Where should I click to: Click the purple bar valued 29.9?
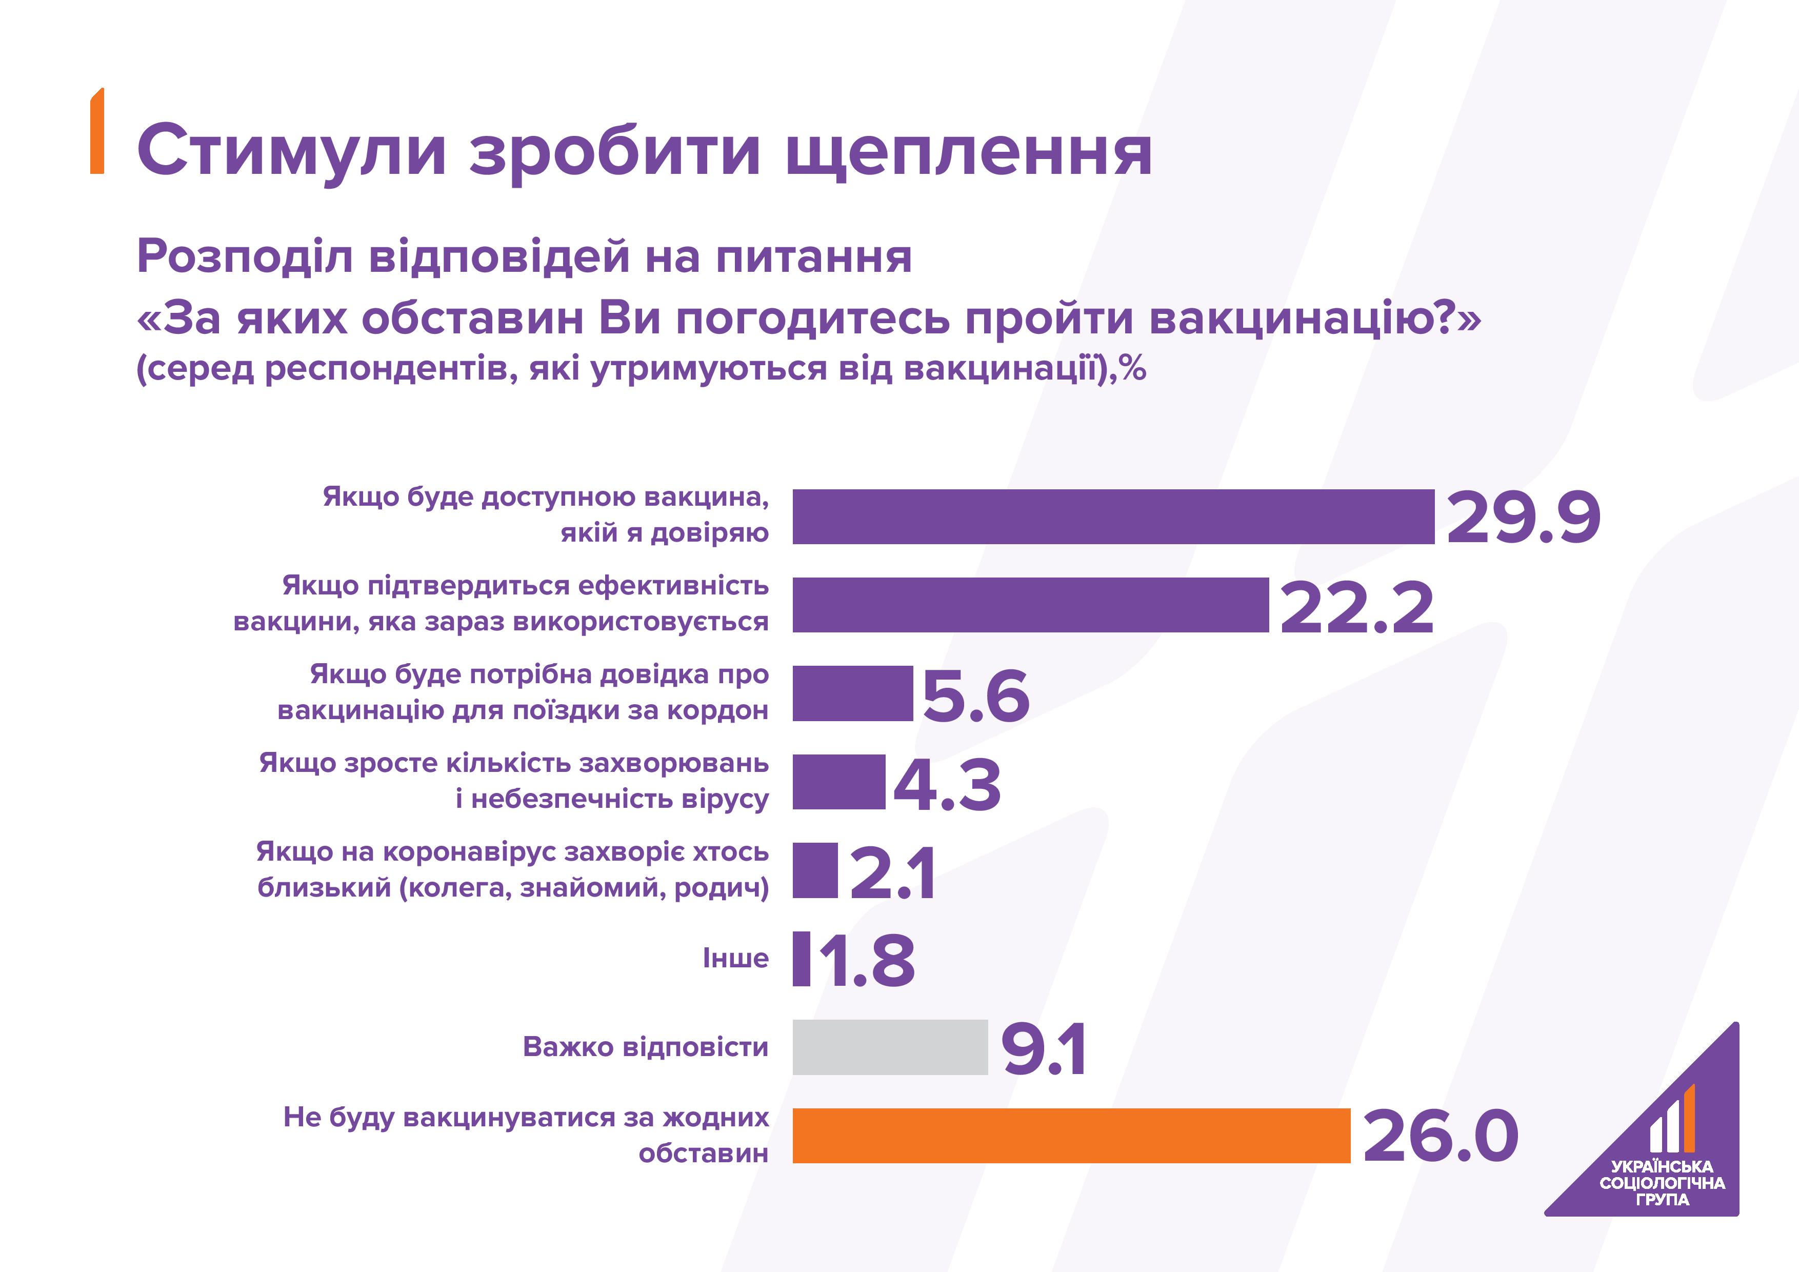(x=1113, y=516)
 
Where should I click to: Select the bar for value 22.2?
(x=1030, y=605)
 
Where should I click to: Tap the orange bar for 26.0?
(x=1071, y=1136)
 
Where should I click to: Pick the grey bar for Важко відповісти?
(x=890, y=1047)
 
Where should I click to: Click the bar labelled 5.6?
(x=852, y=693)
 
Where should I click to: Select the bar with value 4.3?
(x=838, y=782)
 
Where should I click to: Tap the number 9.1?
(x=1043, y=1049)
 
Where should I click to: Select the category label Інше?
(x=735, y=959)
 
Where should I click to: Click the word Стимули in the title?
(x=291, y=150)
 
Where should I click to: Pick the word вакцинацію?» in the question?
(x=1314, y=320)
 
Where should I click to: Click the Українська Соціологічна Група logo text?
(x=1662, y=1183)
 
